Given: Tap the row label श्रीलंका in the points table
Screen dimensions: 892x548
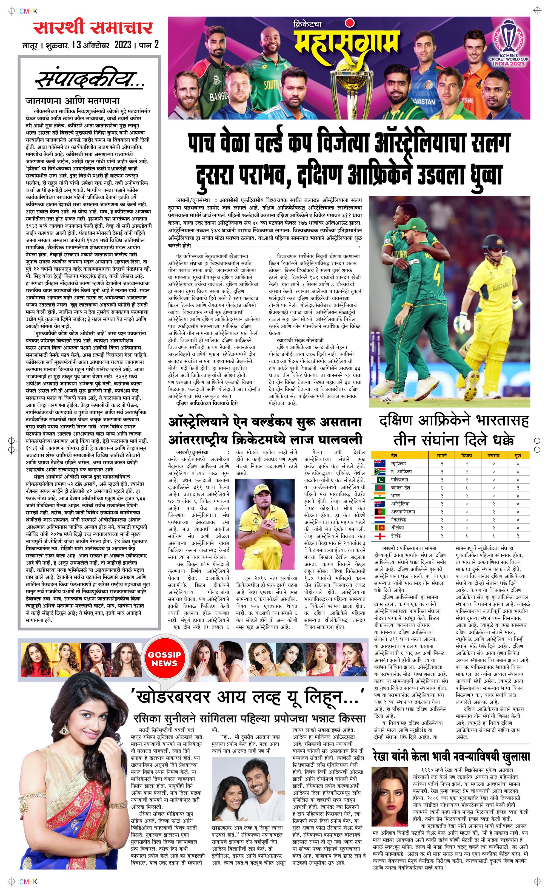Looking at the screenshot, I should (x=398, y=528).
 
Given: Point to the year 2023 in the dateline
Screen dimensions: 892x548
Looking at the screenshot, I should (x=123, y=45).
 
